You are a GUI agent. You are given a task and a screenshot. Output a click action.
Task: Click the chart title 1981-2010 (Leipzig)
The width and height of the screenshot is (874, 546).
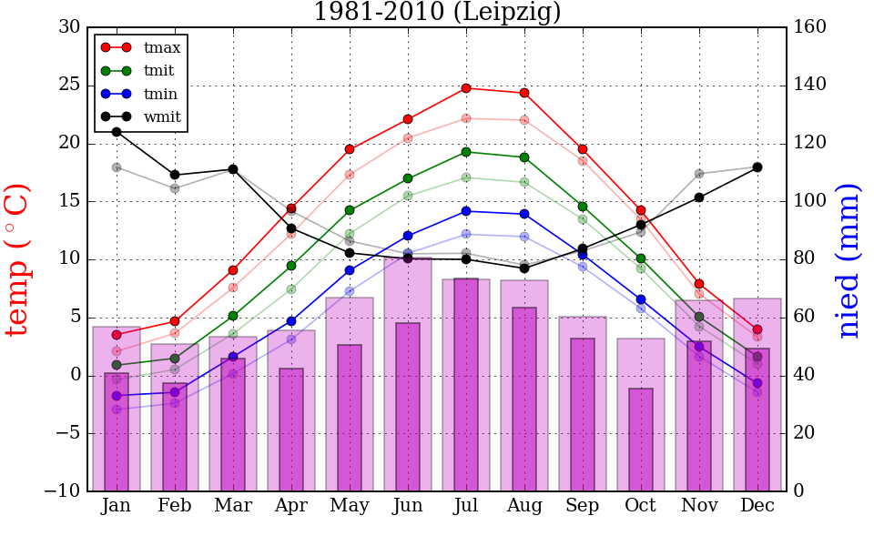[x=437, y=12]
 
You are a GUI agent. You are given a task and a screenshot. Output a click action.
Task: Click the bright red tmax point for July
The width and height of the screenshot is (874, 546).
[x=466, y=88]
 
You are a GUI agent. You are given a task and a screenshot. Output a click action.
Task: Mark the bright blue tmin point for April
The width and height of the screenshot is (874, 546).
[x=291, y=321]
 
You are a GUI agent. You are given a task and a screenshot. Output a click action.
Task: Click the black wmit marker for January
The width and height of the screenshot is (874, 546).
[x=117, y=132]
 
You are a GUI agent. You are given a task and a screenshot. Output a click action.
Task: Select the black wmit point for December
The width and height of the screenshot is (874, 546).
[x=757, y=167]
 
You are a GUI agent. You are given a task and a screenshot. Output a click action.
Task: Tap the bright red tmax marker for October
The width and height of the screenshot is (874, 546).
[x=641, y=210]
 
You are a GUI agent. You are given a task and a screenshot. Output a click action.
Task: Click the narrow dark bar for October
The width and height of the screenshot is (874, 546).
[x=641, y=440]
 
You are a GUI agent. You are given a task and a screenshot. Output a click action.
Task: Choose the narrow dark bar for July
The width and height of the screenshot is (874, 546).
[x=466, y=385]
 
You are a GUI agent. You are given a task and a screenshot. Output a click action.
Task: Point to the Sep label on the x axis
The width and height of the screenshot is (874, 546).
[x=583, y=506]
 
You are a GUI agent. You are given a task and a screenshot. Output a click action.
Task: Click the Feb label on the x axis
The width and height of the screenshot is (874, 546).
[x=175, y=506]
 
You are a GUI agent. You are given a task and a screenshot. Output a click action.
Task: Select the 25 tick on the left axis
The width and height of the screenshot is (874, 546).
[x=69, y=86]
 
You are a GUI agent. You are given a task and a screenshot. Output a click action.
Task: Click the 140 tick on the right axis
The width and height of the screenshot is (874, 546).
[x=809, y=86]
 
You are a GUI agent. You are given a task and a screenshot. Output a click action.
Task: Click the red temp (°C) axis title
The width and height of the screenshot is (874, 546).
[x=20, y=259]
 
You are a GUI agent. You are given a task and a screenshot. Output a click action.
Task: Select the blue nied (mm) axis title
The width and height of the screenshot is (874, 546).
[x=849, y=259]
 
